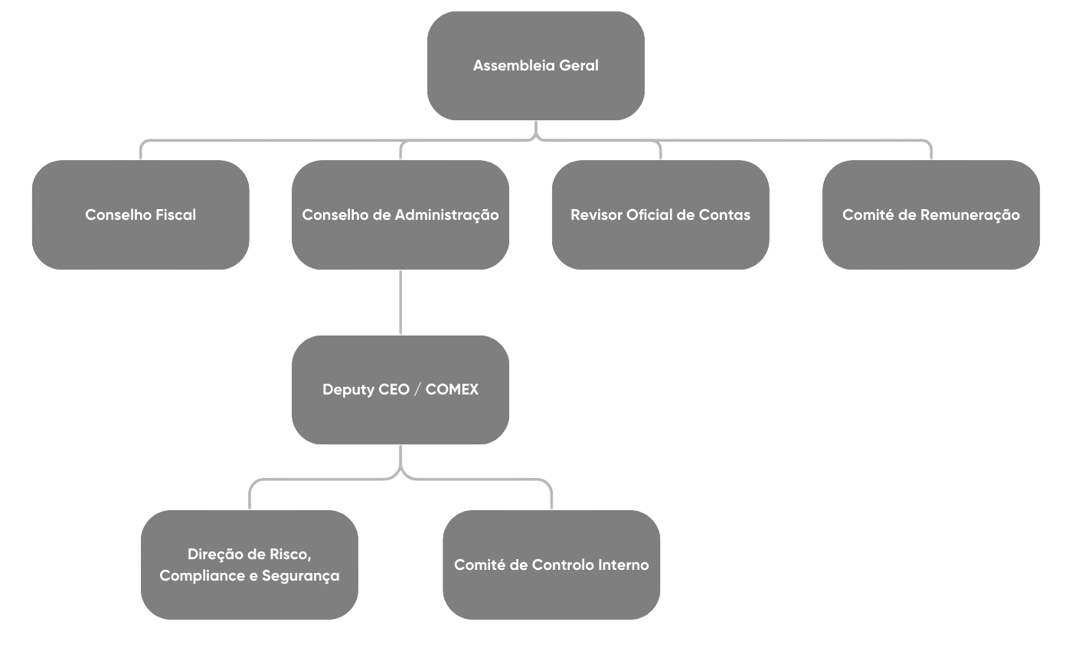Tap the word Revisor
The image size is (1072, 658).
(x=596, y=215)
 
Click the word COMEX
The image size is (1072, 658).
(x=452, y=390)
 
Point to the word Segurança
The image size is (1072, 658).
(x=301, y=576)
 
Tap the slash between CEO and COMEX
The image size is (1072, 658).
(x=417, y=390)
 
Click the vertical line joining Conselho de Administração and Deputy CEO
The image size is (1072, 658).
(x=400, y=303)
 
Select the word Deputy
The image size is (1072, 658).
(x=349, y=390)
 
